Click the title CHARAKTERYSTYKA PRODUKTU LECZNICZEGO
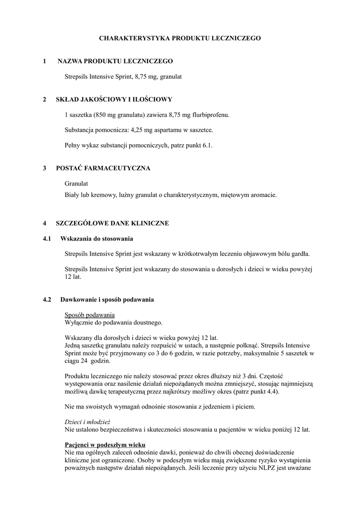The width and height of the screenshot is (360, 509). pyautogui.click(x=180, y=38)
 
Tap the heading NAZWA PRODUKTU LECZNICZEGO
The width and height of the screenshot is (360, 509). pyautogui.click(x=115, y=61)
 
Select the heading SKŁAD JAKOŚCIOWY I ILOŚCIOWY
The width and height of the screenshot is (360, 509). pyautogui.click(x=114, y=99)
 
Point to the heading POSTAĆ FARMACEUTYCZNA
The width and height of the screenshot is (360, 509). pyautogui.click(x=103, y=169)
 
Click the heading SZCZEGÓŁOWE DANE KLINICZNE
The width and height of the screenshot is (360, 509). pyautogui.click(x=112, y=223)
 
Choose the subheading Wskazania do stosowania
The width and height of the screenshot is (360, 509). pyautogui.click(x=96, y=239)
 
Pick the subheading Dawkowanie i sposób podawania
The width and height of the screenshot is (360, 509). pyautogui.click(x=107, y=300)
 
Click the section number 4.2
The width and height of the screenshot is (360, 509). pyautogui.click(x=48, y=300)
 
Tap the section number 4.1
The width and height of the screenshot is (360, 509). pyautogui.click(x=48, y=239)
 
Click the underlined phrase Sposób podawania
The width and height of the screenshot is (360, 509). pyautogui.click(x=90, y=315)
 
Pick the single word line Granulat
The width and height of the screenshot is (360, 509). pyautogui.click(x=77, y=184)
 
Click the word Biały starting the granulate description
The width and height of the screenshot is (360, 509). pyautogui.click(x=73, y=195)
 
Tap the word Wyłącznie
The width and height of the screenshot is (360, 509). pyautogui.click(x=80, y=323)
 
